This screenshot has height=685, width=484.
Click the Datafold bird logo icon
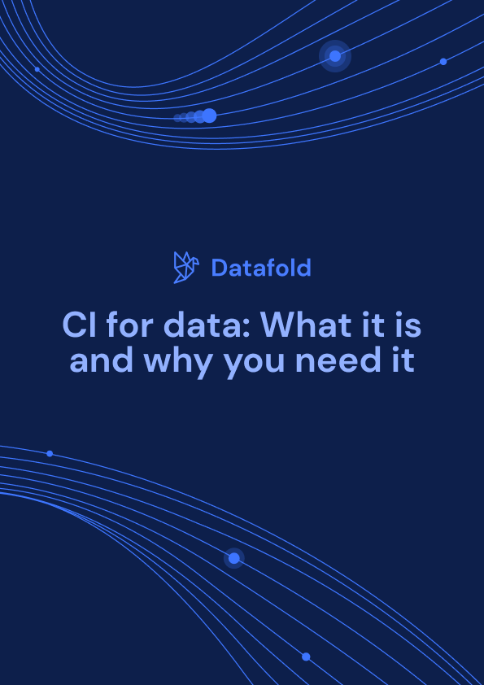coord(186,267)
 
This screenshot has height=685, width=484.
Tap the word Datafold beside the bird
coord(260,267)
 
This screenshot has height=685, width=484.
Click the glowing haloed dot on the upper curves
coord(334,56)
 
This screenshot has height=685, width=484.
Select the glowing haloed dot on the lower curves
coord(234,558)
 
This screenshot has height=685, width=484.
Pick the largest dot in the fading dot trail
coord(209,116)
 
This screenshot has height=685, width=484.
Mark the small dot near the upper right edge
coord(443,62)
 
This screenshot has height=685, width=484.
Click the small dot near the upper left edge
coord(37,69)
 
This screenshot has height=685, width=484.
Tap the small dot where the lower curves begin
coord(50,453)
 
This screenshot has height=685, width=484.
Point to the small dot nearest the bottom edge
coord(306,657)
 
